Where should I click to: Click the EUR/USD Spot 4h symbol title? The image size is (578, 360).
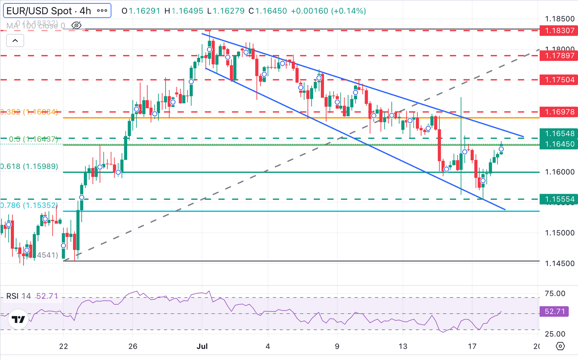49,11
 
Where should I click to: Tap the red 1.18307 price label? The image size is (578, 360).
558,30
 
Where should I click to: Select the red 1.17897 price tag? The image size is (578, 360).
558,56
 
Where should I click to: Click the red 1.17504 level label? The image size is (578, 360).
558,80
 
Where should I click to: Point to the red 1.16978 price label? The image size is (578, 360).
558,112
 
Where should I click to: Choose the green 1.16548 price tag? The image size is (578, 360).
558,134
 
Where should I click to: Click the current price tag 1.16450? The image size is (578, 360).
558,144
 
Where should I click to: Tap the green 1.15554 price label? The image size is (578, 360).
558,199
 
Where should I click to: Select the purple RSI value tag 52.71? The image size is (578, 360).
554,311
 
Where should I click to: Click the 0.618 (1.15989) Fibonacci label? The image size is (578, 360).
29,166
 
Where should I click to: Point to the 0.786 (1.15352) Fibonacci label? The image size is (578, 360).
29,205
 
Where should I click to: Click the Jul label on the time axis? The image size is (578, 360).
202,346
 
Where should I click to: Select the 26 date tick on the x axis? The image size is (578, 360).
133,346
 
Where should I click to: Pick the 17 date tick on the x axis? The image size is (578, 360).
472,346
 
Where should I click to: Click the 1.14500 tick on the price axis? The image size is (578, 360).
560,263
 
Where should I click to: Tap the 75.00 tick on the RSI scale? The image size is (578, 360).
555,293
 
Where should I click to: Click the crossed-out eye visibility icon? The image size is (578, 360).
76,26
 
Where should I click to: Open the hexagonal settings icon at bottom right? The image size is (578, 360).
560,346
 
